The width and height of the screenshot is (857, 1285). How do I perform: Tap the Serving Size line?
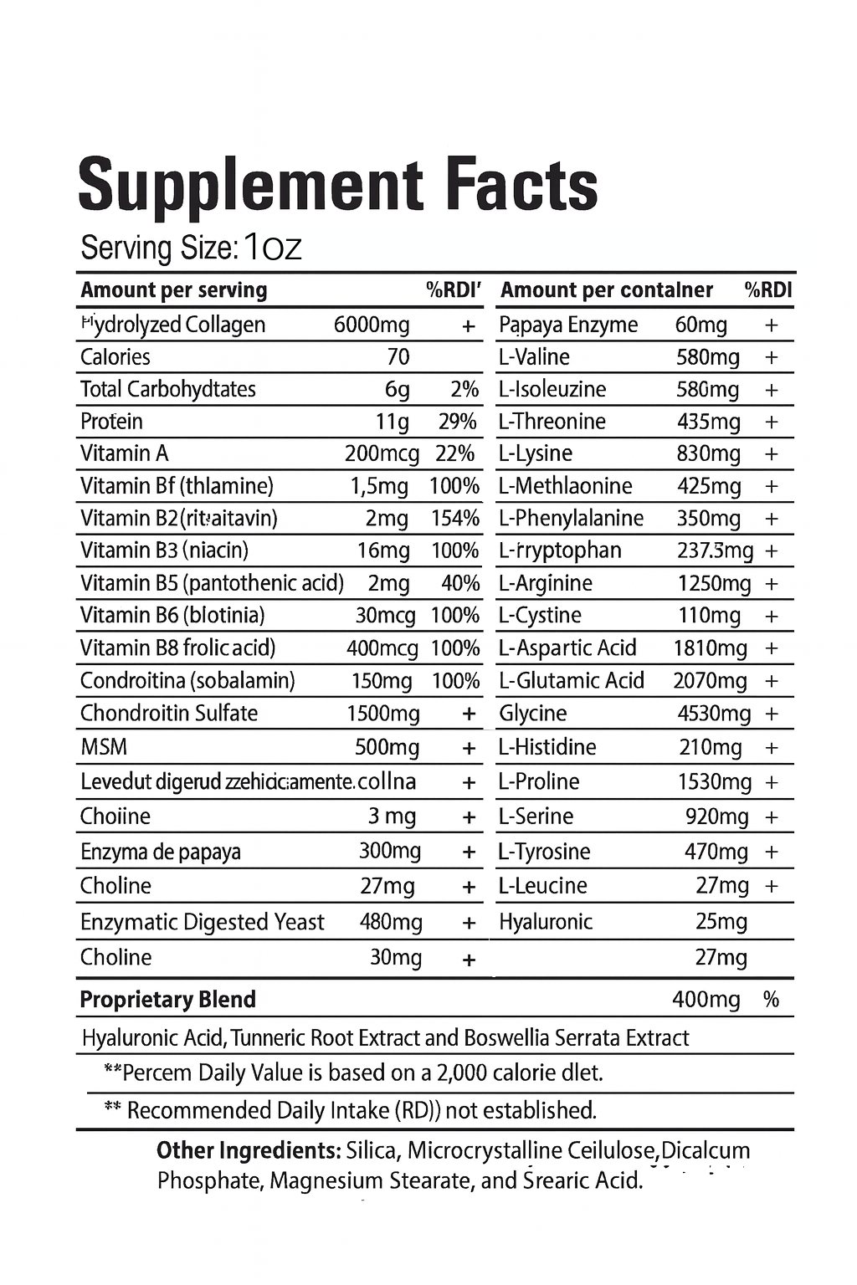(191, 248)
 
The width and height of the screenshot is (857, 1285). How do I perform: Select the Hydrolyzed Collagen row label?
(173, 325)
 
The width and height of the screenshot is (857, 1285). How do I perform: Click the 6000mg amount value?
(372, 325)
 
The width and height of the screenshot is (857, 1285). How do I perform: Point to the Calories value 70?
(398, 357)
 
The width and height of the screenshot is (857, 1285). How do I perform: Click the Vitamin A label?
(125, 453)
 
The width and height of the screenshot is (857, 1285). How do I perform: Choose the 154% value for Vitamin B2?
(455, 519)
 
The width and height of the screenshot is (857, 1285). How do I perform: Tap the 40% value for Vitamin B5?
(460, 583)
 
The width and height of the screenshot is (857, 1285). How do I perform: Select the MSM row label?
(104, 747)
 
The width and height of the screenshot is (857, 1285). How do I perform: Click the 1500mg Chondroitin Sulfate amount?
(383, 714)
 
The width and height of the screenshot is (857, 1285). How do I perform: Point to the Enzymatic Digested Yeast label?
(202, 922)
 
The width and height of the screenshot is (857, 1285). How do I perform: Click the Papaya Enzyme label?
(568, 325)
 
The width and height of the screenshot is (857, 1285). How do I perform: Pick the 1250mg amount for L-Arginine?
(715, 583)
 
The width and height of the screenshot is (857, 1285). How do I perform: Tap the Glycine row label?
(533, 714)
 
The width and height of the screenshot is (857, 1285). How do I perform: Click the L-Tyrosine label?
(544, 852)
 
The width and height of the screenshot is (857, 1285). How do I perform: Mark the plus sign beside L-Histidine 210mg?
(772, 747)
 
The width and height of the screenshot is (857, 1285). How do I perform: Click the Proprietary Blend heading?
(167, 1000)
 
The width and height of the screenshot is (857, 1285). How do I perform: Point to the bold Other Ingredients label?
(248, 1150)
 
